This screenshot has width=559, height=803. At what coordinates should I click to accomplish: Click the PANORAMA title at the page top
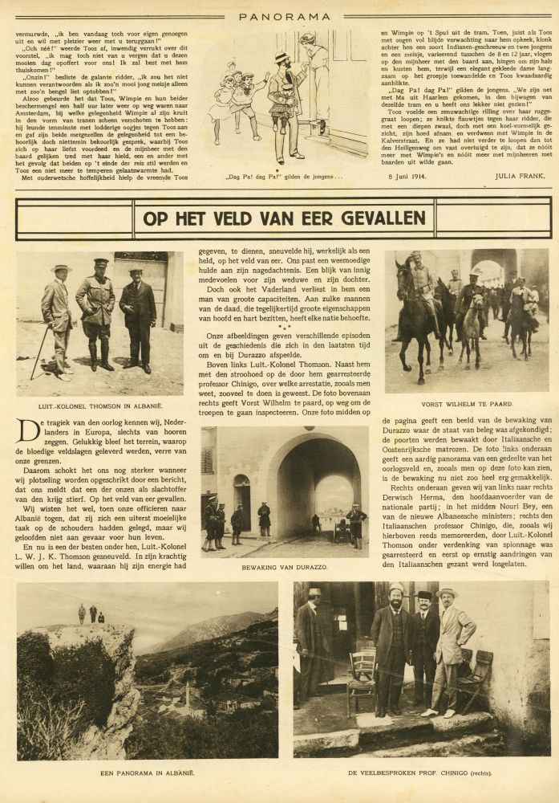click(x=279, y=15)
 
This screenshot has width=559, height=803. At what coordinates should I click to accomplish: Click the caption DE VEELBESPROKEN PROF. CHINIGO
click(x=420, y=772)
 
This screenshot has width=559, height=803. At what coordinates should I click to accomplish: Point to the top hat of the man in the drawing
click(x=282, y=57)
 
